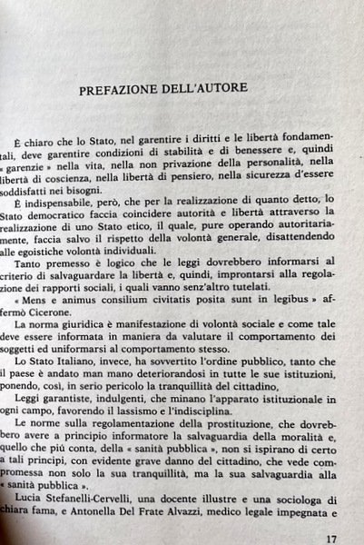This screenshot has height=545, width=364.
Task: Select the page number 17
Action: [x=330, y=538]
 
